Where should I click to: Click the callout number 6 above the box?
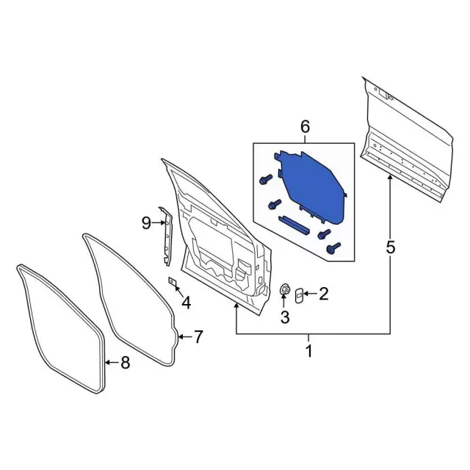(x=305, y=128)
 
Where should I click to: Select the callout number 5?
(x=389, y=247)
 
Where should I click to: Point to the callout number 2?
(x=323, y=294)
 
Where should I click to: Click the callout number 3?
(x=285, y=317)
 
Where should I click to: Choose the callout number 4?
(x=186, y=302)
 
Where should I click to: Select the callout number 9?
(x=146, y=222)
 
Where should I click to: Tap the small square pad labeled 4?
(x=174, y=281)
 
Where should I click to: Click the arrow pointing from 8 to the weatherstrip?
(x=110, y=361)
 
